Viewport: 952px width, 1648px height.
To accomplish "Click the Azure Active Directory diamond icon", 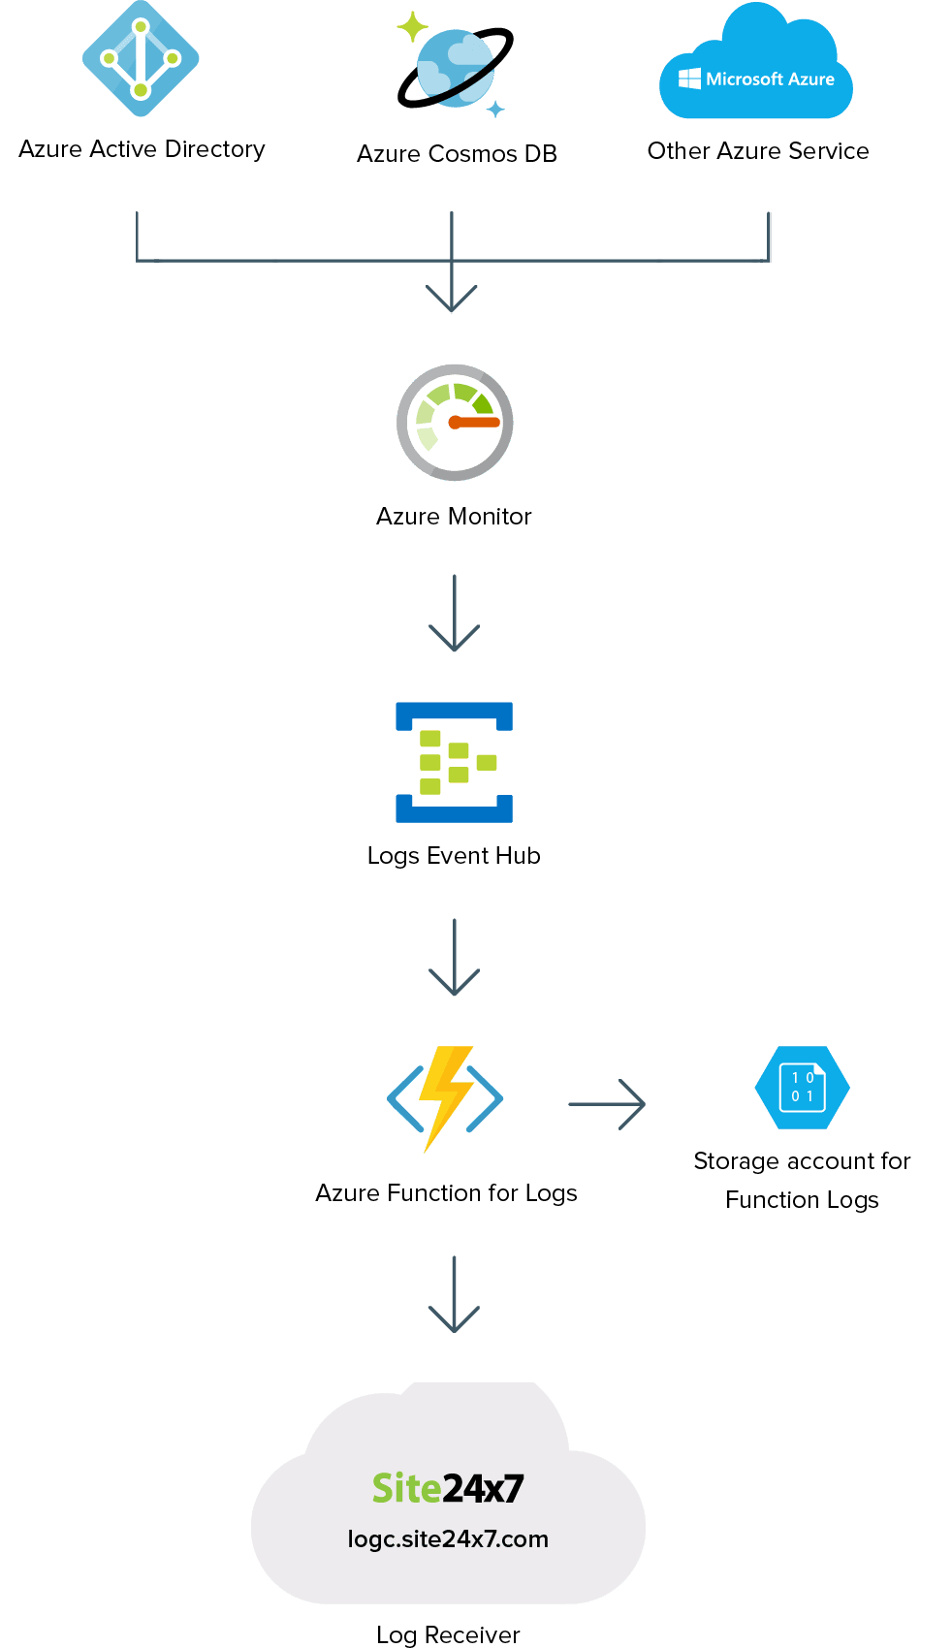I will pos(141,59).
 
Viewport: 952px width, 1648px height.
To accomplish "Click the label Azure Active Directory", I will pos(142,149).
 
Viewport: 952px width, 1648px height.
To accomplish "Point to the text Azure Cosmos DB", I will pos(457,154).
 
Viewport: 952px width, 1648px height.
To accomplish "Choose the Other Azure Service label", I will pos(758,151).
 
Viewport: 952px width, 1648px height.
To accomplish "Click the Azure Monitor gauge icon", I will pos(455,423).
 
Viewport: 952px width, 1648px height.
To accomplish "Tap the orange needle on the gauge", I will pos(475,423).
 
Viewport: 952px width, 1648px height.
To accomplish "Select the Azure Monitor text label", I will pos(454,517).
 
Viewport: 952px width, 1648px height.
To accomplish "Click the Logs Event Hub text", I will pos(454,856).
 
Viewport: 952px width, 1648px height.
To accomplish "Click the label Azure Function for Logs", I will pos(446,1193).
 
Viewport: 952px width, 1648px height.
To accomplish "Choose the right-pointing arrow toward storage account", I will pos(607,1104).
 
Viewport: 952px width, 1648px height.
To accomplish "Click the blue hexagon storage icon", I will pos(802,1088).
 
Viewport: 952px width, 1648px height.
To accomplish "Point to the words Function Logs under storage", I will pos(802,1200).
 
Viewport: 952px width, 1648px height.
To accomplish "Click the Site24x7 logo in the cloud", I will pos(448,1488).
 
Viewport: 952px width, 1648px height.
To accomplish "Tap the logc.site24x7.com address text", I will pos(448,1539).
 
